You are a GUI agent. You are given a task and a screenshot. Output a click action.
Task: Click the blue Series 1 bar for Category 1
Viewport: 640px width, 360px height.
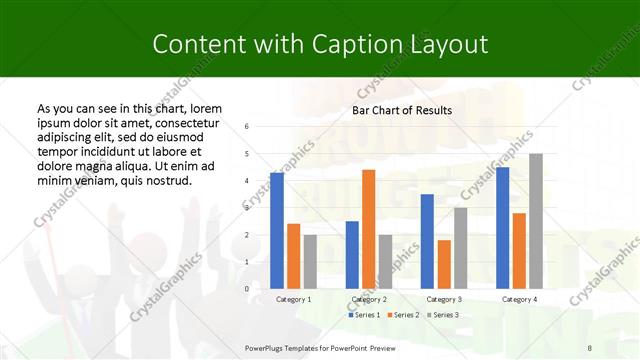pos(277,231)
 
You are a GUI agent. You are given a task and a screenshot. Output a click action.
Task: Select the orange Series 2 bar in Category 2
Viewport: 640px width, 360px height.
pos(368,229)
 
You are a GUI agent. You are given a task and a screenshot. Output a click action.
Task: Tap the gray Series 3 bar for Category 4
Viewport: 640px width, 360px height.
pos(536,221)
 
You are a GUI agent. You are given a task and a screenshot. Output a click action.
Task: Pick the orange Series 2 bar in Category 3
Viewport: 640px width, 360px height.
pos(444,264)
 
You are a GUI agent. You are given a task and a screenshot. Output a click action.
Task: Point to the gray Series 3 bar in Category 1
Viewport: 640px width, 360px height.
pos(310,261)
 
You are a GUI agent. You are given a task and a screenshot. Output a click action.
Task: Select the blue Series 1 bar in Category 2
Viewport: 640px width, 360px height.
pos(352,255)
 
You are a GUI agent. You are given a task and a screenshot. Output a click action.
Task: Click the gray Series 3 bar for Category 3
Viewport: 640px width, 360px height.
pos(460,248)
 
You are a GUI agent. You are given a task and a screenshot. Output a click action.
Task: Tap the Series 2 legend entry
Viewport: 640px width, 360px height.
pos(402,314)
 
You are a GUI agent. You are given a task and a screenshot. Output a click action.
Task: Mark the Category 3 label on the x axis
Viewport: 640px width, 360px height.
pos(444,299)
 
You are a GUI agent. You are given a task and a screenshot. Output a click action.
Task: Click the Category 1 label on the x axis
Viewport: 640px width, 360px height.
pos(293,299)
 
